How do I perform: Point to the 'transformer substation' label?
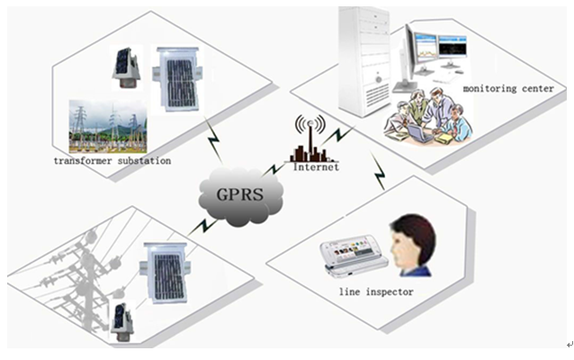point(112,161)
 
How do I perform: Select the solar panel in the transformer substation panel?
point(177,80)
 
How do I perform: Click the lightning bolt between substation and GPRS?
point(214,139)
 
